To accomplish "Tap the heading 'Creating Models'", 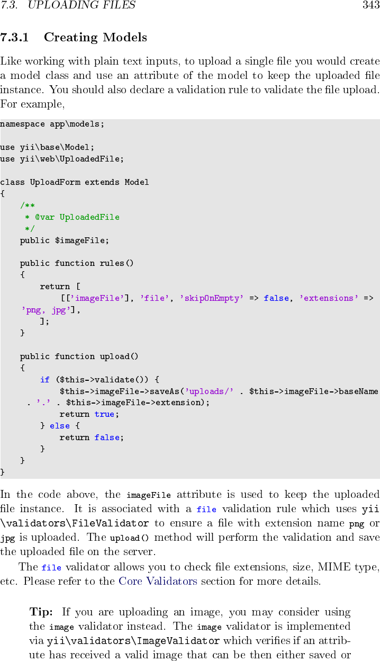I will coord(95,38).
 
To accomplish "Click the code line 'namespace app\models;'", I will coord(52,124).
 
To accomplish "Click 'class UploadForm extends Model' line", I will coord(75,182).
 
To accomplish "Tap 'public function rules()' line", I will coord(77,263).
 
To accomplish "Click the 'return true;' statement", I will coord(89,414).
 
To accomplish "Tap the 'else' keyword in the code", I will coord(60,426).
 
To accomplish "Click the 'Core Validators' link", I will coord(158,581).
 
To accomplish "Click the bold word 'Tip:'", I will coord(41,612).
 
